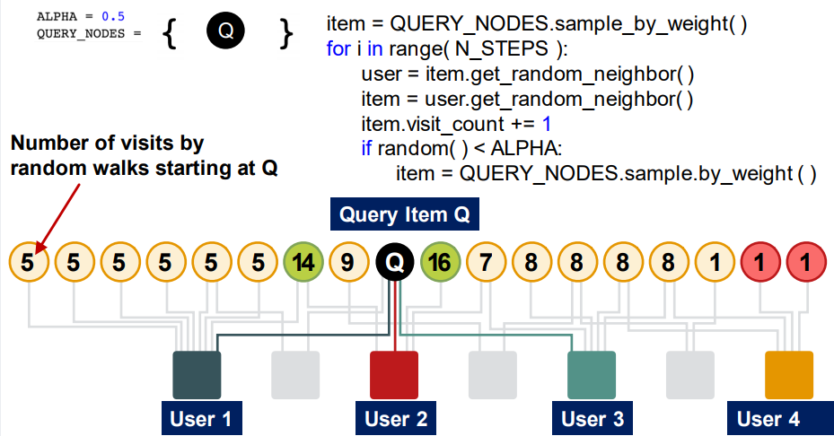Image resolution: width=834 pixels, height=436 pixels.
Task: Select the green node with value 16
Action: coord(440,264)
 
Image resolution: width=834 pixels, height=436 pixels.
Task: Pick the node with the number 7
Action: coord(486,264)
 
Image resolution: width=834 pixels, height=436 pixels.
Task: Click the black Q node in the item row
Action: coord(395,264)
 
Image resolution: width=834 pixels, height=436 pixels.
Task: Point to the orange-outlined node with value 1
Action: coord(715,264)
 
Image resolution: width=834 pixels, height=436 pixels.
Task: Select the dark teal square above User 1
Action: coord(197,375)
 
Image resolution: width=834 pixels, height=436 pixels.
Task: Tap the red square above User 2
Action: coord(394,375)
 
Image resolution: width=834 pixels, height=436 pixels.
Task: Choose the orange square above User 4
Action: coord(789,375)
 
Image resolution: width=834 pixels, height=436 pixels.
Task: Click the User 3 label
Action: coord(592,419)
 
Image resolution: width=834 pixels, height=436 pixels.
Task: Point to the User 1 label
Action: coord(201,419)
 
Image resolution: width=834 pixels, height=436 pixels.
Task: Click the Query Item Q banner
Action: coord(404,215)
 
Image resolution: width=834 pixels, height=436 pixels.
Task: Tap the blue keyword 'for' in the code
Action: coord(338,48)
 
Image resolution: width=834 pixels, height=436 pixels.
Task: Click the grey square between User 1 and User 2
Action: coord(295,375)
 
